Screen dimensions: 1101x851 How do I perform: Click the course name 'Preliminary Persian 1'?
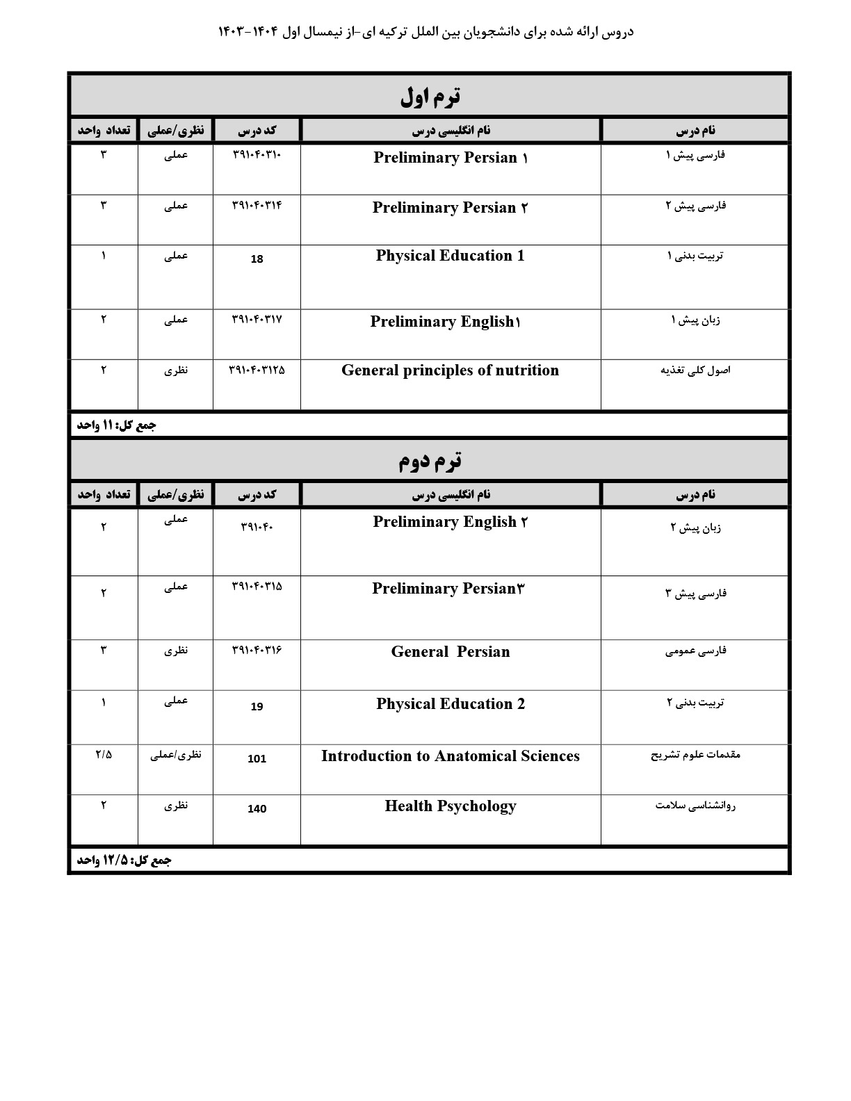(451, 158)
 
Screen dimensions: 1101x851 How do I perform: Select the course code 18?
(257, 259)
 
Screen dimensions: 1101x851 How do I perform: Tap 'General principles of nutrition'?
(450, 370)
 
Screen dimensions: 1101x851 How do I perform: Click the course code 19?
(257, 707)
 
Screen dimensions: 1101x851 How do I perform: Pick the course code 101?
(257, 759)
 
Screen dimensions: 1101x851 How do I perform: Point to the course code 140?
(257, 809)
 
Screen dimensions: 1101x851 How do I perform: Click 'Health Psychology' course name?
(450, 806)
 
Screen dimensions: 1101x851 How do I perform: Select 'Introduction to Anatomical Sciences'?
(450, 756)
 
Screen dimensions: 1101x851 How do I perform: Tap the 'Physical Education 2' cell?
(450, 704)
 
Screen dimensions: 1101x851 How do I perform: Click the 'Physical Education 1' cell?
(450, 256)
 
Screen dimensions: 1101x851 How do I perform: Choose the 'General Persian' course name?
(450, 652)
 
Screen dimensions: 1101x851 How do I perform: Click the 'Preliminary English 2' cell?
(450, 522)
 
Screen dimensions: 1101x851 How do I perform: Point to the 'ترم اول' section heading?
(430, 97)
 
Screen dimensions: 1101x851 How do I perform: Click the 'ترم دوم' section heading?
(430, 460)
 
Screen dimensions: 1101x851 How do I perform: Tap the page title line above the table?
(425, 32)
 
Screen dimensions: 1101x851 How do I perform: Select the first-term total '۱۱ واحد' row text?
(116, 425)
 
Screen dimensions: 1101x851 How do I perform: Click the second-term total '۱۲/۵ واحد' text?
(124, 861)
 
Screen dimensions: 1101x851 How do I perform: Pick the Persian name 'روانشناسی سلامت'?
(695, 806)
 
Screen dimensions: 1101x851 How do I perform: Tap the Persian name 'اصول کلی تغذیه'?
(695, 370)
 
